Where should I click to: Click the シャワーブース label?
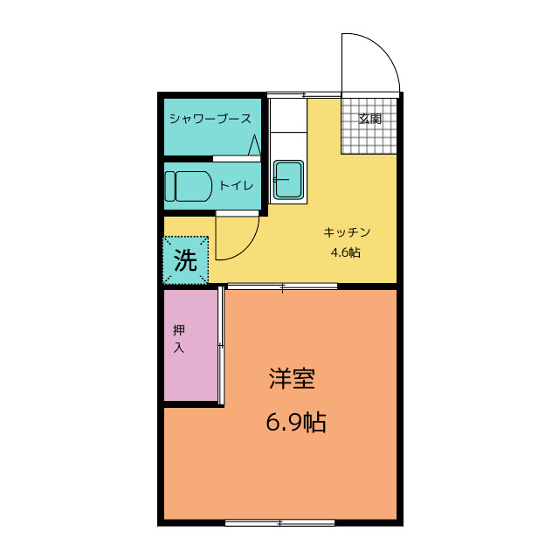pyautogui.click(x=210, y=119)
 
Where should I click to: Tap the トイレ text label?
pyautogui.click(x=236, y=185)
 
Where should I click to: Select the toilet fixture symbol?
pyautogui.click(x=189, y=186)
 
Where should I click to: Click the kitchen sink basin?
pyautogui.click(x=289, y=180)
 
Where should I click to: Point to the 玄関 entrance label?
pyautogui.click(x=370, y=119)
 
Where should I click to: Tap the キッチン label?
pyautogui.click(x=347, y=232)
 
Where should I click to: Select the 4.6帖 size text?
pyautogui.click(x=346, y=252)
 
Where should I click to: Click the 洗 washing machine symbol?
pyautogui.click(x=185, y=260)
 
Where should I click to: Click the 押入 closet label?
pyautogui.click(x=179, y=338)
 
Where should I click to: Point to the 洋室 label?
pyautogui.click(x=292, y=378)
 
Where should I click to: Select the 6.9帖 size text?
pyautogui.click(x=296, y=423)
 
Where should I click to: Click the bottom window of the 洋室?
pyautogui.click(x=279, y=523)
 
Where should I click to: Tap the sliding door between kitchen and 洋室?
pyautogui.click(x=282, y=286)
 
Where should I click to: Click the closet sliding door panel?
pyautogui.click(x=221, y=346)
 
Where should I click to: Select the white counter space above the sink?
pyautogui.click(x=288, y=115)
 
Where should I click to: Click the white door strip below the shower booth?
pyautogui.click(x=237, y=159)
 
